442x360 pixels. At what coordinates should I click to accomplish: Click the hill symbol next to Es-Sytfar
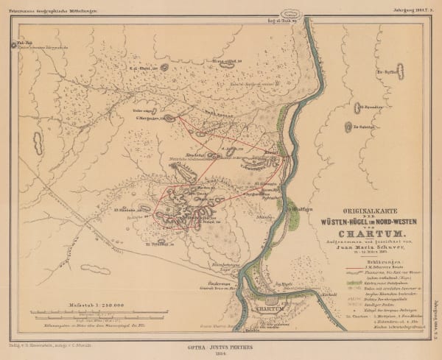click(x=400, y=71)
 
